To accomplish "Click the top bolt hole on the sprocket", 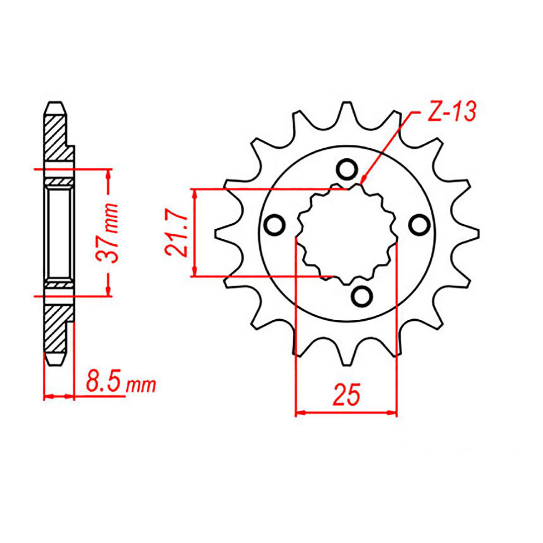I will pos(346,170).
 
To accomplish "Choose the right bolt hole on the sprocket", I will pos(418,225).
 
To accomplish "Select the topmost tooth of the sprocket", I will pos(346,108).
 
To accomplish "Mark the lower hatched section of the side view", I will pos(56,330).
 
